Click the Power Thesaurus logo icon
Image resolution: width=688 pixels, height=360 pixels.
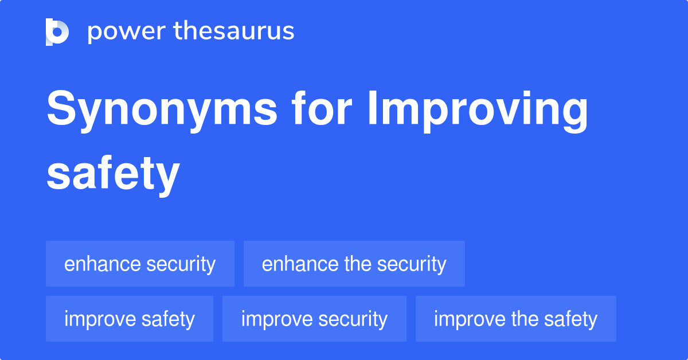(57, 32)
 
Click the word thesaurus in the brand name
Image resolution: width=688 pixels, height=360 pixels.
(234, 32)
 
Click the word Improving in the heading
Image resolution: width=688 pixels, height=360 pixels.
(478, 110)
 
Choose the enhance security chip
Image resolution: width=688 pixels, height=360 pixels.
(140, 264)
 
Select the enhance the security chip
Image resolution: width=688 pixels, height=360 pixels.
(354, 264)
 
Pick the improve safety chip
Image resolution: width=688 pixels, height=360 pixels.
(130, 319)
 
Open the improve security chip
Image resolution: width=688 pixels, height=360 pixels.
(314, 319)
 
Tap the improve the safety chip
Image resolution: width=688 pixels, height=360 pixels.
(515, 319)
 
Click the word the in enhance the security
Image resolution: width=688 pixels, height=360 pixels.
(357, 264)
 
